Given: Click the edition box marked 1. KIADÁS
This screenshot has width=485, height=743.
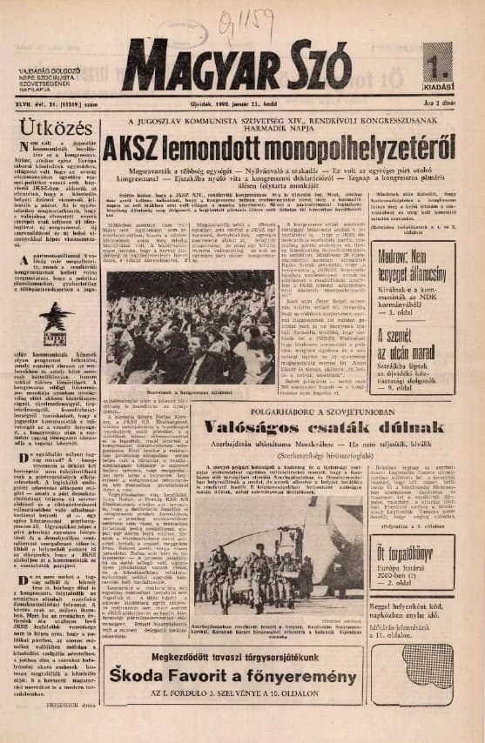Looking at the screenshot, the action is [438, 65].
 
